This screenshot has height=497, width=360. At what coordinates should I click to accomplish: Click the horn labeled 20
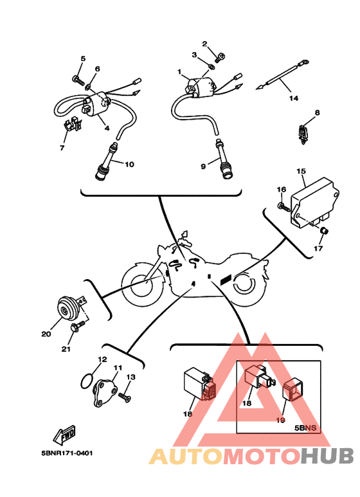(x=67, y=308)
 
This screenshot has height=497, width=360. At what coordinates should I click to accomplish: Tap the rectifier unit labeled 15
(x=314, y=203)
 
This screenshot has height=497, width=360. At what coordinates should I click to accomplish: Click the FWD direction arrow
(x=65, y=434)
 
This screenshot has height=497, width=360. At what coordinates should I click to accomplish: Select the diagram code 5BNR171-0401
(x=67, y=453)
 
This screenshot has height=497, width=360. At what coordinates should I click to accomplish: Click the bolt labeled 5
(x=78, y=80)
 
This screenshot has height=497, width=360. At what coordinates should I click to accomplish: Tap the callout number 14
(x=294, y=98)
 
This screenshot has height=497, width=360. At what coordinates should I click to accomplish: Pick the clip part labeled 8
(x=303, y=134)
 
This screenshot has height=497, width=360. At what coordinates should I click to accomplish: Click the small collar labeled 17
(x=324, y=231)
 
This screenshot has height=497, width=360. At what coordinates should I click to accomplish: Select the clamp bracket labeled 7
(x=73, y=125)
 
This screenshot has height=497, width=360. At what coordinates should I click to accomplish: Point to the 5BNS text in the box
(x=305, y=428)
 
